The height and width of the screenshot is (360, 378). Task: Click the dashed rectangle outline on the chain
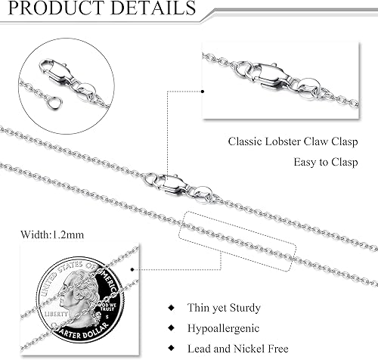point(237,237)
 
